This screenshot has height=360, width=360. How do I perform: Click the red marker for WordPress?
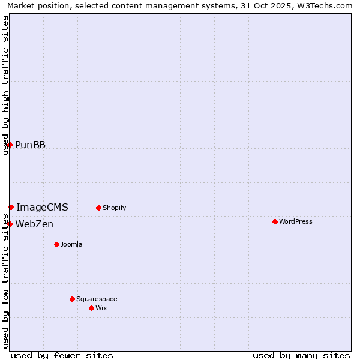275,221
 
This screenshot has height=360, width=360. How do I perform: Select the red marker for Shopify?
98,208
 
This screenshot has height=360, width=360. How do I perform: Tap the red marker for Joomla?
56,244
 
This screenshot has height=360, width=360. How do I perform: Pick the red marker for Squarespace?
72,299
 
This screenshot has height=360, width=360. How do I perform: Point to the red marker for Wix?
91,308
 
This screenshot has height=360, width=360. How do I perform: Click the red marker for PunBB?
10,145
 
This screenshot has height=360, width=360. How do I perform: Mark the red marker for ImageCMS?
11,207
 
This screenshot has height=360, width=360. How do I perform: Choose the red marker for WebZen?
10,224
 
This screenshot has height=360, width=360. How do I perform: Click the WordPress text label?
295,221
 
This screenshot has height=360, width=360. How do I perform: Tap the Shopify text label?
114,208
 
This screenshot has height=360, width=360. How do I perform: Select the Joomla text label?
71,244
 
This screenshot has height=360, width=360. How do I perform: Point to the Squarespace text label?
97,299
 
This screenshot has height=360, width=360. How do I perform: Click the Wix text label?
101,308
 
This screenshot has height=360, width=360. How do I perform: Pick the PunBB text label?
30,145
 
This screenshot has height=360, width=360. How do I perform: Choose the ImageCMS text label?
42,207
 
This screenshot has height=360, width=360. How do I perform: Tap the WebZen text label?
34,224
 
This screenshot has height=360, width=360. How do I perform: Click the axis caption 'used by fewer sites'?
62,355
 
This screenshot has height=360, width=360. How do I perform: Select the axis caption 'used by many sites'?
301,355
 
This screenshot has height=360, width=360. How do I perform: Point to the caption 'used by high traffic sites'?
6,85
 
